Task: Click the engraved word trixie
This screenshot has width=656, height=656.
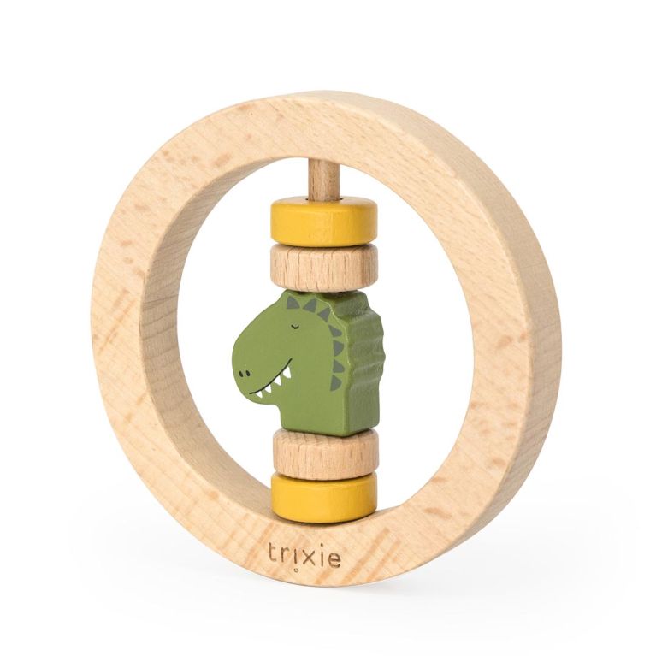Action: tap(303, 554)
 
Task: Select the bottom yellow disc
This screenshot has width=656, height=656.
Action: tap(324, 497)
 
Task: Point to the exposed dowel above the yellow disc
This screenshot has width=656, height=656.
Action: tap(323, 177)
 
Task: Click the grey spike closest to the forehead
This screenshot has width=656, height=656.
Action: tap(293, 302)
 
